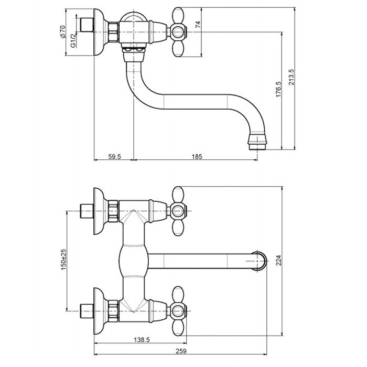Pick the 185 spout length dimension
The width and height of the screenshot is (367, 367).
pos(197,156)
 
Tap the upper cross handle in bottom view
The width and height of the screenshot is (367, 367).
pos(181,211)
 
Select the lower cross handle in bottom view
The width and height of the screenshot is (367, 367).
pos(181,310)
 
